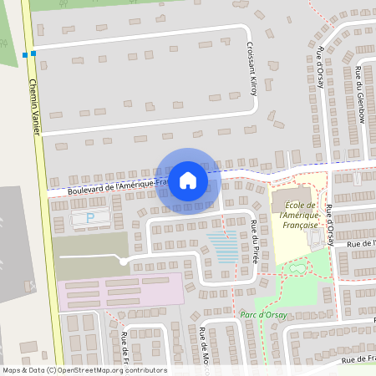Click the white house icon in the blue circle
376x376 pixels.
pos(188,180)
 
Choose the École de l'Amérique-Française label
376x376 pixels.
pos(300,215)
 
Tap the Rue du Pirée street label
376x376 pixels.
pos(254,241)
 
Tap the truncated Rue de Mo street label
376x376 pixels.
pos(203,352)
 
